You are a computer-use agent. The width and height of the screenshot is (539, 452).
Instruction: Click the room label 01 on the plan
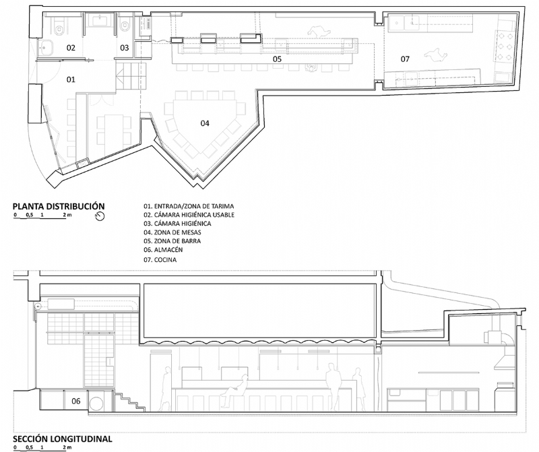click(x=70, y=79)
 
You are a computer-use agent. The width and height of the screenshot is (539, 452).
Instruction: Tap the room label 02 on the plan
click(x=70, y=48)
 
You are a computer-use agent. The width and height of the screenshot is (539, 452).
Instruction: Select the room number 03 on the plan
click(x=125, y=48)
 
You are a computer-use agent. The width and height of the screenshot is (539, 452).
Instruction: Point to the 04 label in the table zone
click(x=205, y=123)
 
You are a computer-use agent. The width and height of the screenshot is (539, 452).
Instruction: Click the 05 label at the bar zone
click(x=276, y=59)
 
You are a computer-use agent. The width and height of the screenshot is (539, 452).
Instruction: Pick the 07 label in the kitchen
click(x=405, y=59)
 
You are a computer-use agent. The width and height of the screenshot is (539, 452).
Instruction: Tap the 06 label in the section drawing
click(x=76, y=401)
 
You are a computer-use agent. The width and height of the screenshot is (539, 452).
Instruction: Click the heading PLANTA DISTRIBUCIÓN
click(x=59, y=205)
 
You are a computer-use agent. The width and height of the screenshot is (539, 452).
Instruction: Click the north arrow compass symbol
click(x=102, y=216)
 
